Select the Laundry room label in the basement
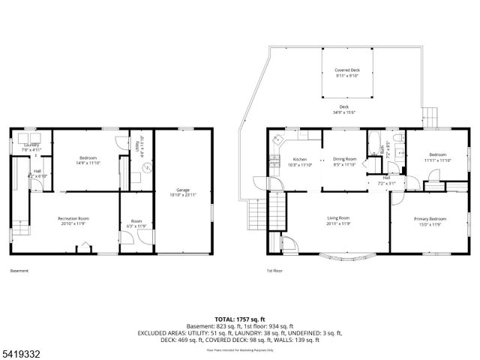click(31, 144)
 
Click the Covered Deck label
click(346, 70)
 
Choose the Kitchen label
click(300, 159)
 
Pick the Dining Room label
click(344, 159)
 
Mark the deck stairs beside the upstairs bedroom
click(430, 116)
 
